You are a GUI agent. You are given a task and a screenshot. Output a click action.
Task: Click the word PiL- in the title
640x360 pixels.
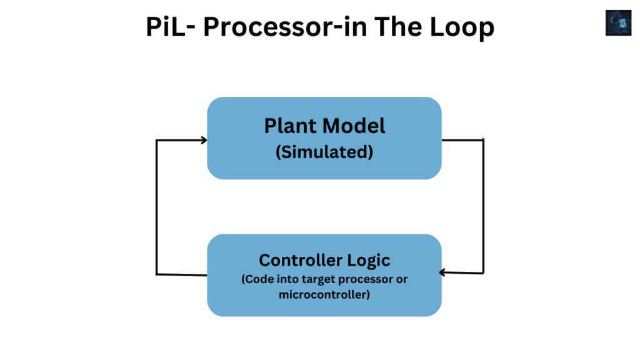coord(170,27)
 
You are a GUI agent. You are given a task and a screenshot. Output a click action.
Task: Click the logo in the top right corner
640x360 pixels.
coord(618,23)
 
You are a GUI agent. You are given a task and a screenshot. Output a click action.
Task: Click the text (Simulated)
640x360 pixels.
coord(324,152)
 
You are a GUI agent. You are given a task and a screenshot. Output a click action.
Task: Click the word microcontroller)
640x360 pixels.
coord(324,294)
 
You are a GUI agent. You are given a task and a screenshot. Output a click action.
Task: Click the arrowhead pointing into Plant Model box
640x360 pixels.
coord(203,140)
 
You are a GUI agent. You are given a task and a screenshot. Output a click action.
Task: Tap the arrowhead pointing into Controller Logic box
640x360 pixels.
coord(443,272)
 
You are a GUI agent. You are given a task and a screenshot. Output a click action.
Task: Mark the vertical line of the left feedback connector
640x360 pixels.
coord(156,206)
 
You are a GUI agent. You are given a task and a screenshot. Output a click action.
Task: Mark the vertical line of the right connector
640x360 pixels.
coord(483,206)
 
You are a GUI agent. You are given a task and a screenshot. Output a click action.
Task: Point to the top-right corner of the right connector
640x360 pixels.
coord(483,140)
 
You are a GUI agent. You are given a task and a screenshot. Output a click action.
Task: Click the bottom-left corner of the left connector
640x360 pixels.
coord(156,274)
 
